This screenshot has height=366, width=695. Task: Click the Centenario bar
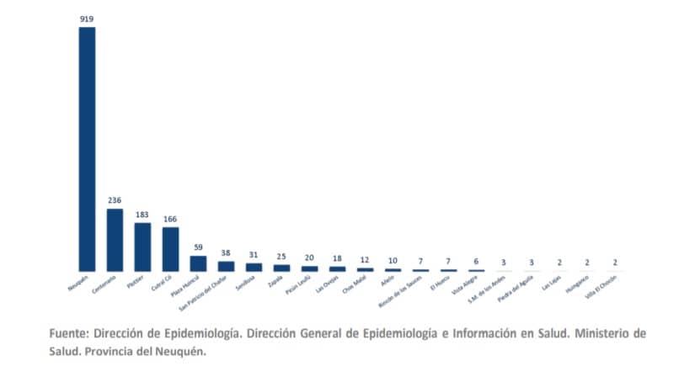click(115, 240)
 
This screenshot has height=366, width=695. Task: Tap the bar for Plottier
click(142, 247)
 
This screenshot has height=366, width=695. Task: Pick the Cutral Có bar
click(170, 249)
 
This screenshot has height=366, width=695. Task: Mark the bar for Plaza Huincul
click(198, 263)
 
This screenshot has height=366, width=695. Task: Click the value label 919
click(87, 18)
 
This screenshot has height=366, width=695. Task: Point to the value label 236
click(115, 200)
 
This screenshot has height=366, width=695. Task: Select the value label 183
click(142, 215)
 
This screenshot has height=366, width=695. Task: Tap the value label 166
click(170, 219)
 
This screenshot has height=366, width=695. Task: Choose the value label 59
click(198, 247)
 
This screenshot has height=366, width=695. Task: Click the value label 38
click(226, 253)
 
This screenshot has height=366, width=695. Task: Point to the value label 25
click(281, 257)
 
